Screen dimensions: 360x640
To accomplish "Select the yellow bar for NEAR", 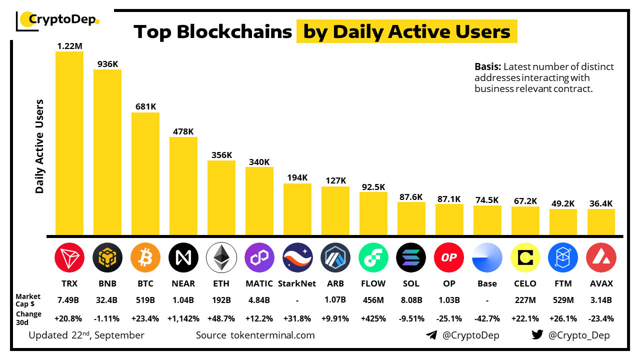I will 183,186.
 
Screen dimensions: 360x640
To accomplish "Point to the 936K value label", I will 107,64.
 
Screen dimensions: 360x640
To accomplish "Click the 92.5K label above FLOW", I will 373,187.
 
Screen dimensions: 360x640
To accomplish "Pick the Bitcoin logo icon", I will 145,257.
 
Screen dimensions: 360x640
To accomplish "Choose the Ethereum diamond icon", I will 221,257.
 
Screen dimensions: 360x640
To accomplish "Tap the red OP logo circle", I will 449,257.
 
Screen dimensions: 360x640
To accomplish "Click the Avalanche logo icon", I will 601,257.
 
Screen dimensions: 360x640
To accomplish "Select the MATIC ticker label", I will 259,283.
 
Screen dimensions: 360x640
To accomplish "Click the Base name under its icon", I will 487,283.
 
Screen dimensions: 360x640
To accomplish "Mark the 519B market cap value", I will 145,300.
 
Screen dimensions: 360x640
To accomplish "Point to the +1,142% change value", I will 183,318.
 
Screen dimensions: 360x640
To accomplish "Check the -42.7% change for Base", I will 487,318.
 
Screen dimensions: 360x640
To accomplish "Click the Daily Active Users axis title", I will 40,146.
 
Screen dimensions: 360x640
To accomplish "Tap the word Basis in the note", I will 487,67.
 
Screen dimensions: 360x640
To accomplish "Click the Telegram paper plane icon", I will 431,335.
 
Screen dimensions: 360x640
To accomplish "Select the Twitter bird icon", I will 537,335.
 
